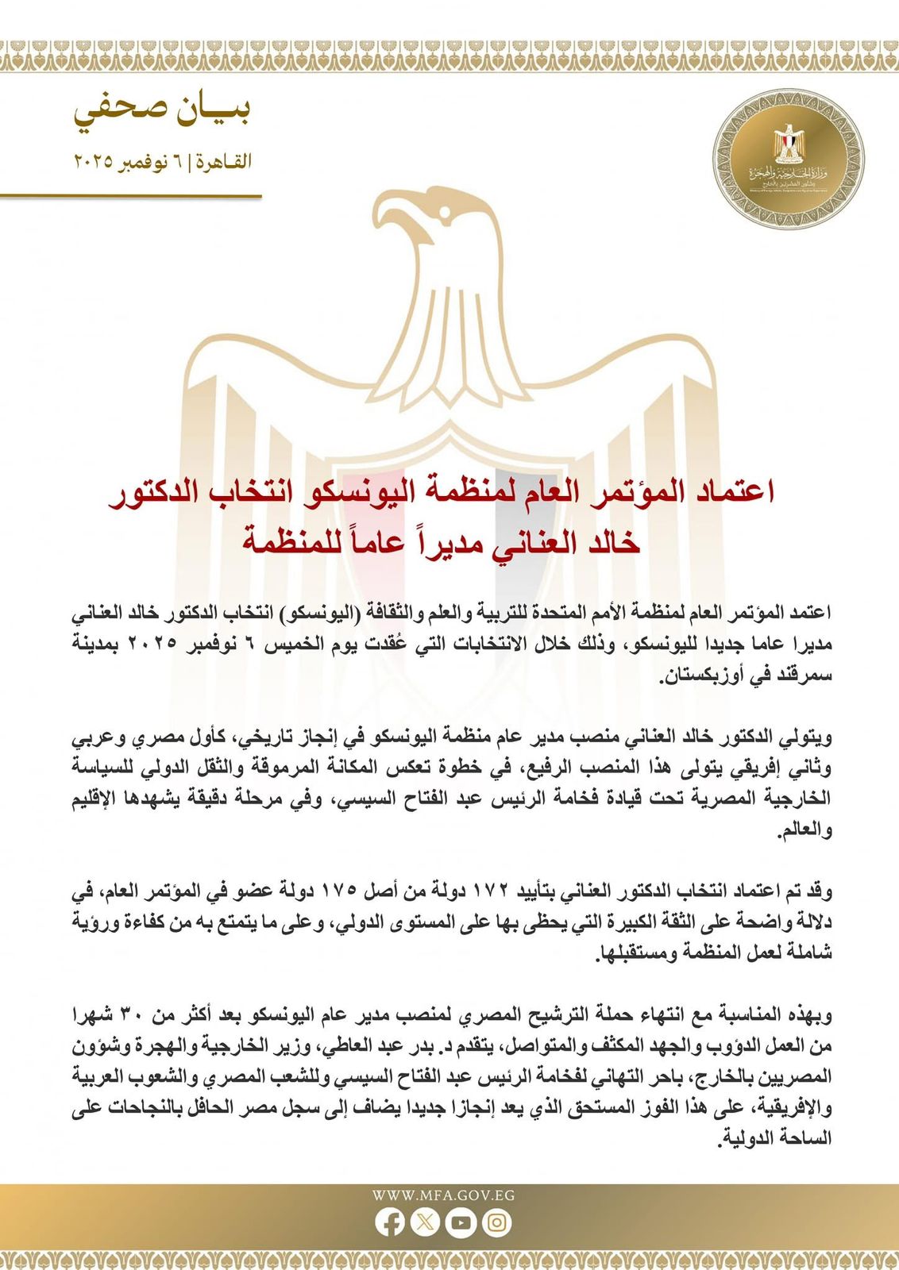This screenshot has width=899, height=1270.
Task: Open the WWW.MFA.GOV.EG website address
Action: tap(443, 1195)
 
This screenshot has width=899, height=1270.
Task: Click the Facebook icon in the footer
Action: tap(390, 1223)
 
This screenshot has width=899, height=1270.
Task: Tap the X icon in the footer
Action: tap(425, 1223)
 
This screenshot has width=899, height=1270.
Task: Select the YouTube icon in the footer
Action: tap(461, 1223)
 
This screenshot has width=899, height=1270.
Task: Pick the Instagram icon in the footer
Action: tap(496, 1223)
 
